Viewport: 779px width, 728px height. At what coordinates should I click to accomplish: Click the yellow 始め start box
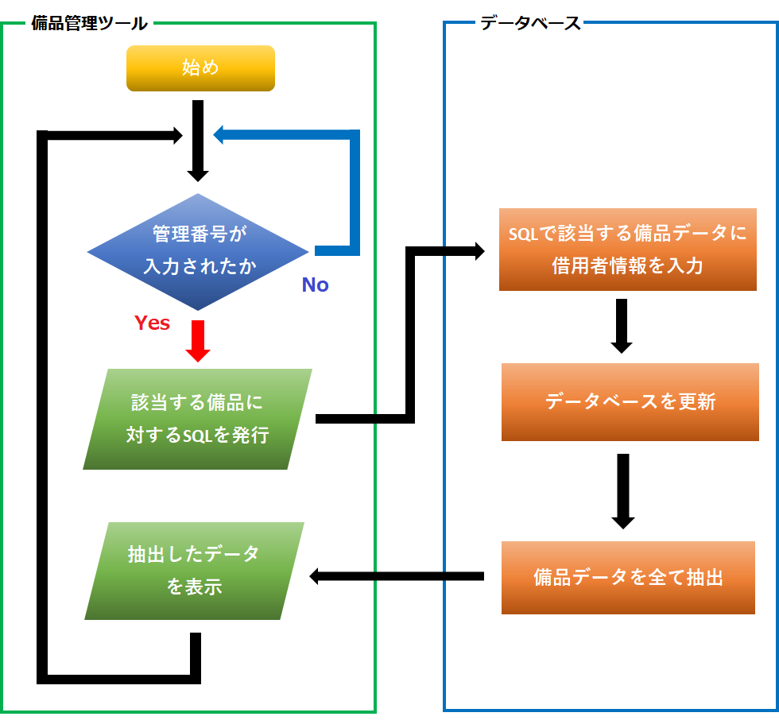200,68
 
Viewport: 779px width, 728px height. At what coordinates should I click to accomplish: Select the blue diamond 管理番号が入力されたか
198,252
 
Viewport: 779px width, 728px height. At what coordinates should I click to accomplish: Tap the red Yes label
152,323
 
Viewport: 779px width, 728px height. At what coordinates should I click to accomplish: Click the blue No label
315,285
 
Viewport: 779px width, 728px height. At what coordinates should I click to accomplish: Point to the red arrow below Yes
196,342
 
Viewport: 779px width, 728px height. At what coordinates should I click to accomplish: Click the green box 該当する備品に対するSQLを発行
198,419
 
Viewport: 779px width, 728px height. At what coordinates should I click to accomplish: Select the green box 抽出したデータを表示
195,571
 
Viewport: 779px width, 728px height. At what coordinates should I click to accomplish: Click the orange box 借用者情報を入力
627,250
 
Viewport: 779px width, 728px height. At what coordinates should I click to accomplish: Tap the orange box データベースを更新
630,401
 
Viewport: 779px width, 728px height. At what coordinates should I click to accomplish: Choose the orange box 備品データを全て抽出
628,578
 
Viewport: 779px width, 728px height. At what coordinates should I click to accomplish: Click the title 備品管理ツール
89,23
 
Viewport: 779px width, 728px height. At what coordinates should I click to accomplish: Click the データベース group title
530,23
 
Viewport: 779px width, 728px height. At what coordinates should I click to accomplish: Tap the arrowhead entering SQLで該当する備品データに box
479,252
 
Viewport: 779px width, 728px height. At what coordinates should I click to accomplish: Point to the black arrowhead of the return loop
178,136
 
